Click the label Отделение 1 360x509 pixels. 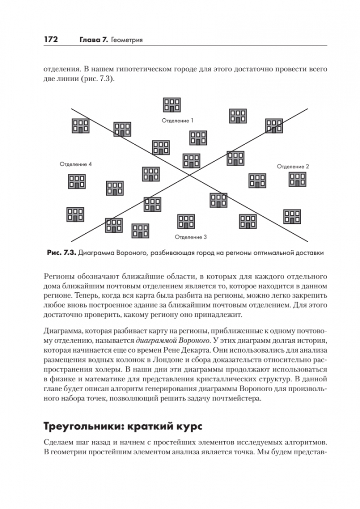[x=178, y=121]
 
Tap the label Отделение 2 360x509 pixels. [x=293, y=166]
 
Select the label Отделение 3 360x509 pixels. [x=191, y=237]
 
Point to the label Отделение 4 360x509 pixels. [x=76, y=164]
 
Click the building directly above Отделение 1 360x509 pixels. [x=171, y=105]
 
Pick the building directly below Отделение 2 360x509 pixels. [x=297, y=180]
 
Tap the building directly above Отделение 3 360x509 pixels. [x=186, y=222]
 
